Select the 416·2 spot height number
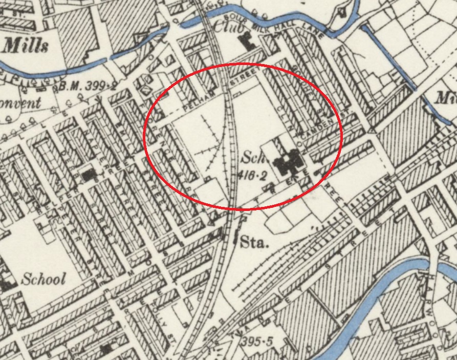pos(253,176)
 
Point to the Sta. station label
pos(254,243)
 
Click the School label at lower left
pos(43,279)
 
